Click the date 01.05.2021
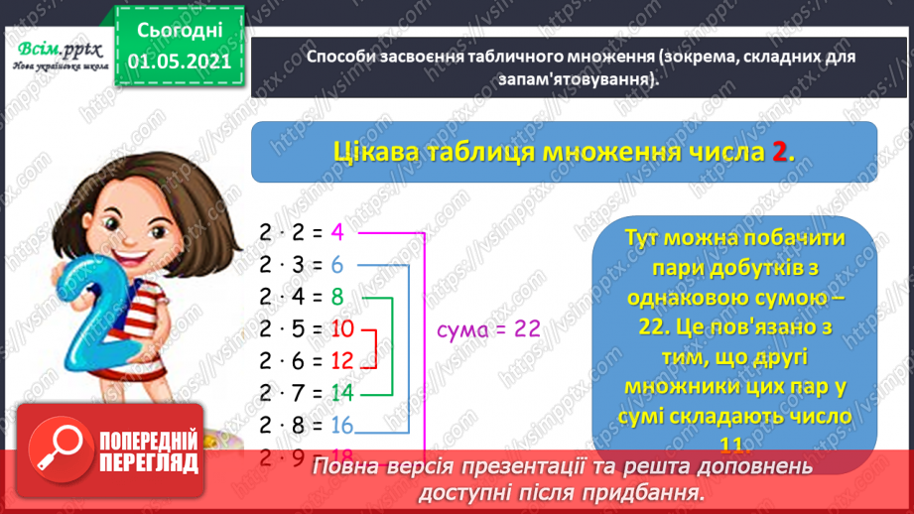[180, 63]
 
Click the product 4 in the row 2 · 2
[337, 234]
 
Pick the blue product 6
[337, 266]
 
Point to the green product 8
[337, 297]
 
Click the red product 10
[342, 328]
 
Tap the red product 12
[342, 360]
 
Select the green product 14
[342, 392]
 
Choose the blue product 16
[342, 425]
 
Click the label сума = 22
[488, 329]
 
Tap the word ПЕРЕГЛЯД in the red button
[149, 462]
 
